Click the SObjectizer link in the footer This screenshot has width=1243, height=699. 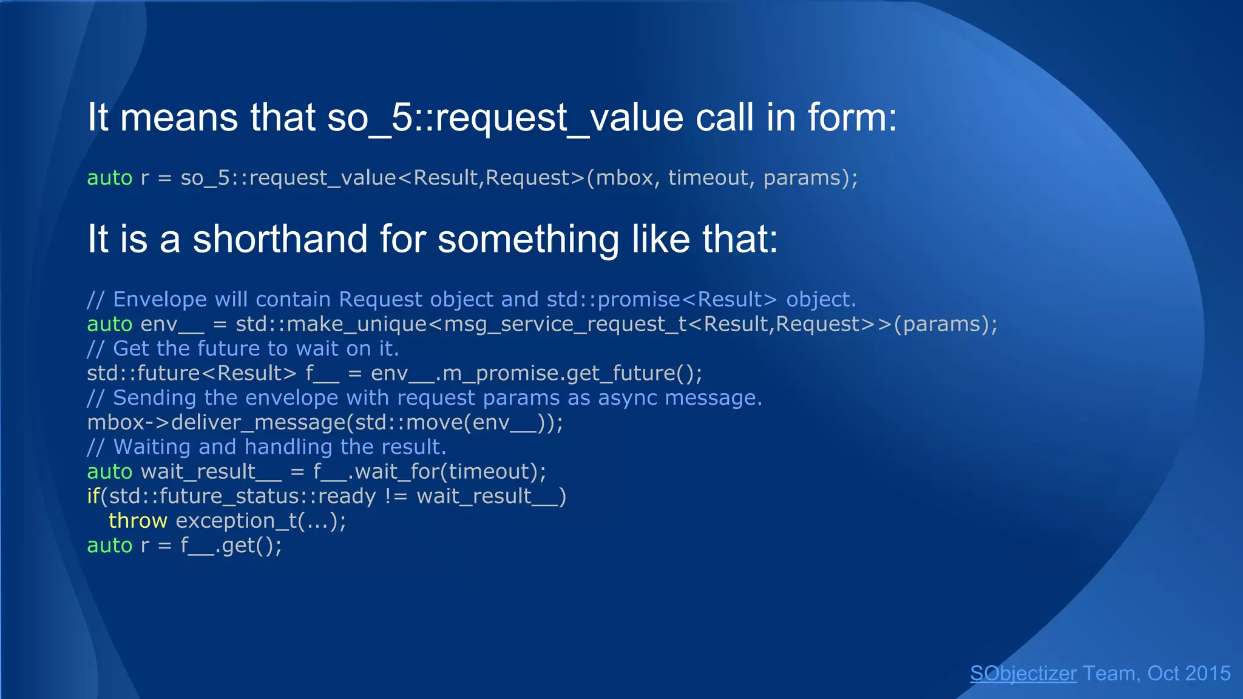tap(1023, 674)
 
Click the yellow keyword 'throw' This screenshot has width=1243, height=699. tap(138, 521)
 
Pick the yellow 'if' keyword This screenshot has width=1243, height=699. tap(93, 496)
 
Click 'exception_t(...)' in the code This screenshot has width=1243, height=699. tap(260, 521)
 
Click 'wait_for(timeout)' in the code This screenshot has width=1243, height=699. tap(449, 471)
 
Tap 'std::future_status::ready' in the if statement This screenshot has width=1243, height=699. tap(242, 496)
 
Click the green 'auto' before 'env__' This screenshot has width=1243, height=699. tap(109, 324)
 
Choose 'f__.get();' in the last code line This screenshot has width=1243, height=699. tap(231, 545)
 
